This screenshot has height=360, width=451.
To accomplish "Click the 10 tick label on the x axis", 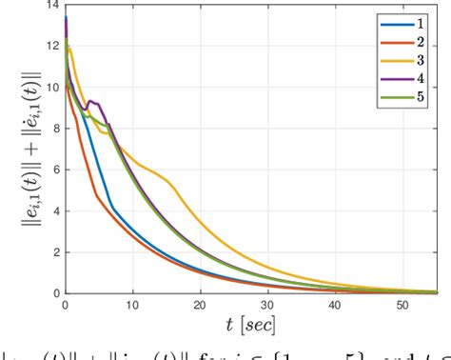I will tap(132, 305).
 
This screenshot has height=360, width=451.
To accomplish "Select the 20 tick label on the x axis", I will tap(200, 305).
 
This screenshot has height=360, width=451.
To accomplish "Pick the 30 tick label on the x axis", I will tap(267, 305).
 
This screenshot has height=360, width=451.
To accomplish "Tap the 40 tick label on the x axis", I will tap(335, 305).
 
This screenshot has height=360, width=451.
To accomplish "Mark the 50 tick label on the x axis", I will tap(402, 305).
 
